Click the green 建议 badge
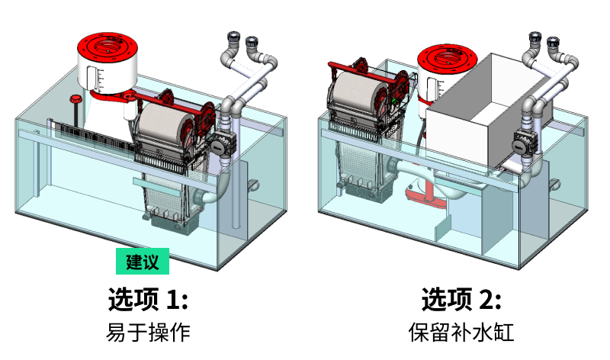tap(142, 262)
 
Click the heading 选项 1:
tap(147, 299)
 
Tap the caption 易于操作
tap(147, 333)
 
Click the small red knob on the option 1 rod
tap(75, 99)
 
